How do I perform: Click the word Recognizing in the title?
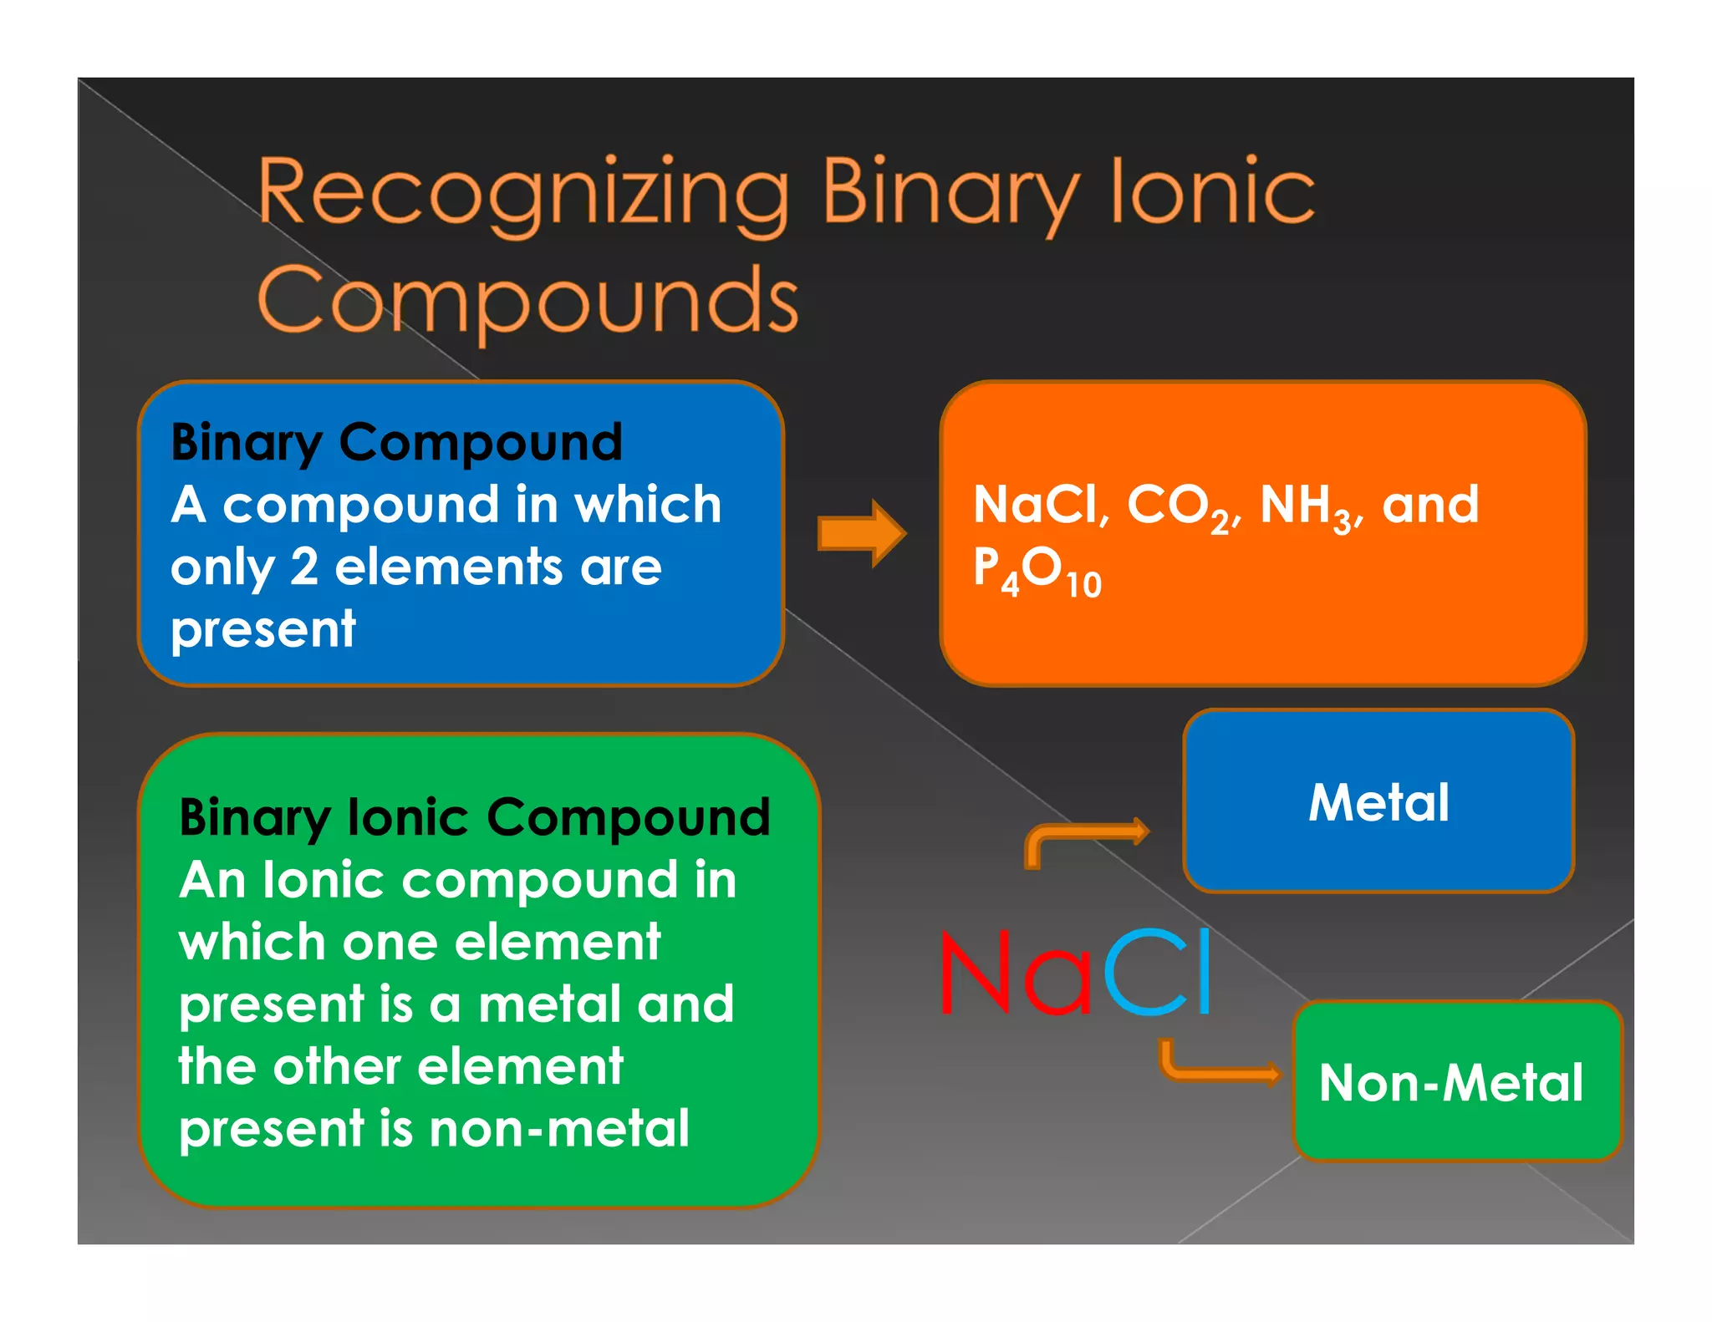coord(523,194)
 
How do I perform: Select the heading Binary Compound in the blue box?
coord(396,442)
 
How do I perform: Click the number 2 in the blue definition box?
coord(304,567)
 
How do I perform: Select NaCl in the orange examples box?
coord(1037,506)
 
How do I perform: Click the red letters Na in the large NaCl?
coord(1016,974)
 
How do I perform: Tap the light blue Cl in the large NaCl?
coord(1158,974)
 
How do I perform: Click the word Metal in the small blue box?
coord(1378,803)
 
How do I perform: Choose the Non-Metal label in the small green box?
coord(1450,1083)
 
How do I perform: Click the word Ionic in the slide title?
coord(1212,194)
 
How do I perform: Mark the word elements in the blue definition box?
coord(450,567)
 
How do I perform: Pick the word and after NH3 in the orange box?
coord(1430,506)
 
